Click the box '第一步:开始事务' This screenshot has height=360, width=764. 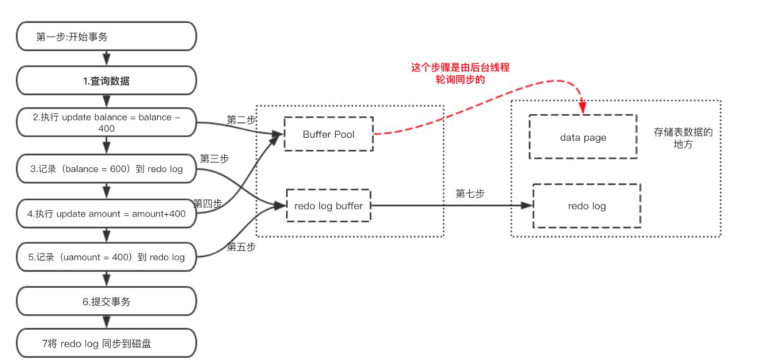[105, 36]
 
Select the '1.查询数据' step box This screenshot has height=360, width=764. [105, 81]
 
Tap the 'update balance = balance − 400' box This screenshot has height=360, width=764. [105, 124]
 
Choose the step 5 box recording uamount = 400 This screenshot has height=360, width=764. [105, 257]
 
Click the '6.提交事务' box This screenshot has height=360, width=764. [105, 301]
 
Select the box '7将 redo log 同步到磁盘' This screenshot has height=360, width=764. [105, 344]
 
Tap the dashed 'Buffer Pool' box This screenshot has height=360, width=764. [328, 134]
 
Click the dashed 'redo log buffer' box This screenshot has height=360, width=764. [328, 206]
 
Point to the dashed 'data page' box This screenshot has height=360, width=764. [583, 137]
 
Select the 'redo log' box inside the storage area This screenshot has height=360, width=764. [586, 206]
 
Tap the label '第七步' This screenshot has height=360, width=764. [470, 194]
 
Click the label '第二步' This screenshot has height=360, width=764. [241, 120]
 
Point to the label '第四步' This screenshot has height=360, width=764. [207, 203]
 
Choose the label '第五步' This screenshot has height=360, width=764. [241, 248]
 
